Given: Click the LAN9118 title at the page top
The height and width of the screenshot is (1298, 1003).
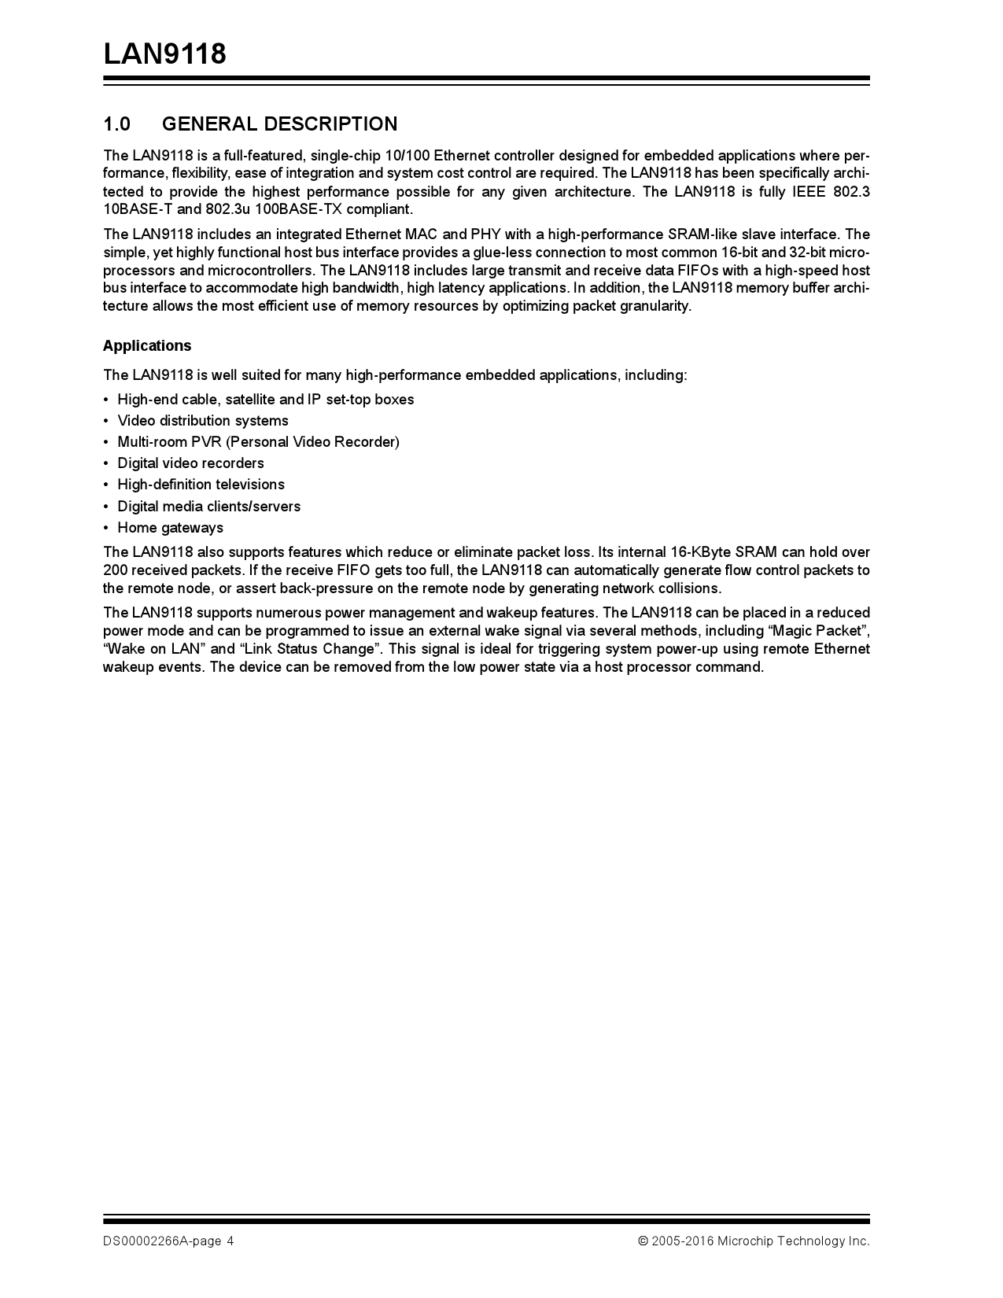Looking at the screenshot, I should pos(164,54).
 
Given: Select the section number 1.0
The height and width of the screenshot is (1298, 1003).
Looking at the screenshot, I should pos(116,124).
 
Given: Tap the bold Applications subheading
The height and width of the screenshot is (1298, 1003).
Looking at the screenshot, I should pos(147,346).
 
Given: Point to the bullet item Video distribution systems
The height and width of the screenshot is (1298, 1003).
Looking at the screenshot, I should pos(203,421).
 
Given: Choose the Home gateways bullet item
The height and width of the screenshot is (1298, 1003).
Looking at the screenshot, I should pos(170,528).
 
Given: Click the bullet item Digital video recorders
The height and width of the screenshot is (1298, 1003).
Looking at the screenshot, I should pos(190,463).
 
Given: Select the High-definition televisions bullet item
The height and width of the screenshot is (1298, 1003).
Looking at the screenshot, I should pos(201,485).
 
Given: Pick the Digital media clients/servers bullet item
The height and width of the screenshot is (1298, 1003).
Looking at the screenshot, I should pos(208,507).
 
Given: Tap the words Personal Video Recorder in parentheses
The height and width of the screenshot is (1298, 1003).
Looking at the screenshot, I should pos(312,442).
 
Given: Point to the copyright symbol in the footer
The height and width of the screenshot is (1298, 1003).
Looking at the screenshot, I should pos(643,1241).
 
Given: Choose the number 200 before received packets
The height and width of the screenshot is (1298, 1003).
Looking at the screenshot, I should pos(115,570).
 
